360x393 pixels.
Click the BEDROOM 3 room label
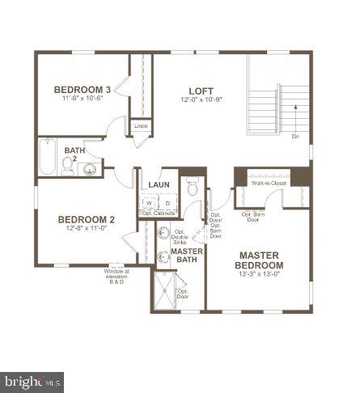pyautogui.click(x=82, y=89)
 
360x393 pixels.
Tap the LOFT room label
pyautogui.click(x=201, y=90)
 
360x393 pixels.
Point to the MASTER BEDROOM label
pyautogui.click(x=260, y=260)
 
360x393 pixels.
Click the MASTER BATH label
pyautogui.click(x=187, y=256)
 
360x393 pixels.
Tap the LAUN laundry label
pyautogui.click(x=159, y=185)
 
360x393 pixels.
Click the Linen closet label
pyautogui.click(x=141, y=126)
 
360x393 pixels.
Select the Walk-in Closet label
pyautogui.click(x=268, y=184)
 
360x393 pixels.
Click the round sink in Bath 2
pyautogui.click(x=91, y=169)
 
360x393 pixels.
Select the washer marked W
pyautogui.click(x=149, y=204)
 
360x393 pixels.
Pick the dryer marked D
pyautogui.click(x=167, y=204)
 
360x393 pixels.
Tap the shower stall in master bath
pyautogui.click(x=167, y=290)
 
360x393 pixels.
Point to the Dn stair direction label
pyautogui.click(x=295, y=137)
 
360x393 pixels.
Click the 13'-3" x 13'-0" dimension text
pyautogui.click(x=260, y=275)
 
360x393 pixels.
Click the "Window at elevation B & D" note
pyautogui.click(x=116, y=277)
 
